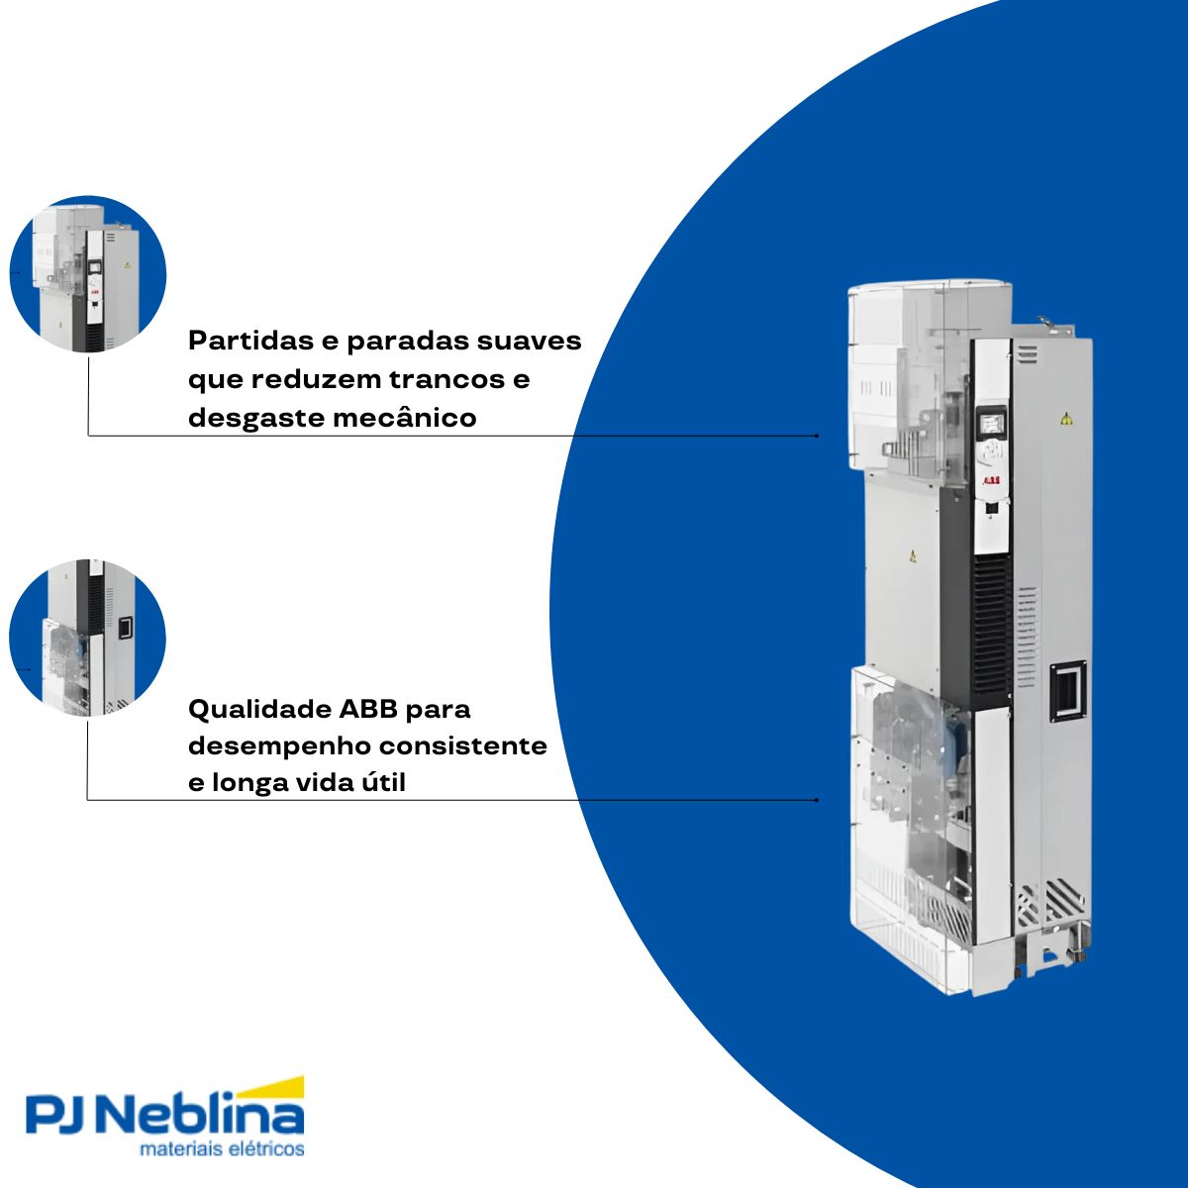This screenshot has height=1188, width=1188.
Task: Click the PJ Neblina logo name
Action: (x=164, y=1117)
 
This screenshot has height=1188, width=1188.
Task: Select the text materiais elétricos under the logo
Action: (x=222, y=1150)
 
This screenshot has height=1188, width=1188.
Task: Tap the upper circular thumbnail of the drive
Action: (x=87, y=274)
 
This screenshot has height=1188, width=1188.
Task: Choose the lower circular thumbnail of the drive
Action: (x=87, y=639)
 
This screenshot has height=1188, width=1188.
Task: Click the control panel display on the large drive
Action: (x=991, y=423)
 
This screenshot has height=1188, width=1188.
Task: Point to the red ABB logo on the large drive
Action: (x=991, y=480)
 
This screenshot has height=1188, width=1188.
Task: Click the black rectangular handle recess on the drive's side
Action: (x=1068, y=690)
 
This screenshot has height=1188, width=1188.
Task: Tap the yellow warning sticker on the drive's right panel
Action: (x=1065, y=419)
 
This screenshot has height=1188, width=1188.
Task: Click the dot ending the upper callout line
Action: (x=817, y=435)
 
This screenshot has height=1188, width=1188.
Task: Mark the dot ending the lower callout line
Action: (x=817, y=799)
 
